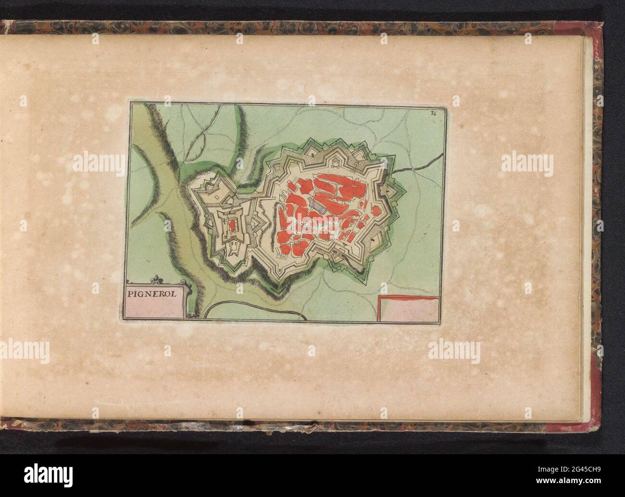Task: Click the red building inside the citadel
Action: [232, 224]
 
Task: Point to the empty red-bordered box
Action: [409, 308]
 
